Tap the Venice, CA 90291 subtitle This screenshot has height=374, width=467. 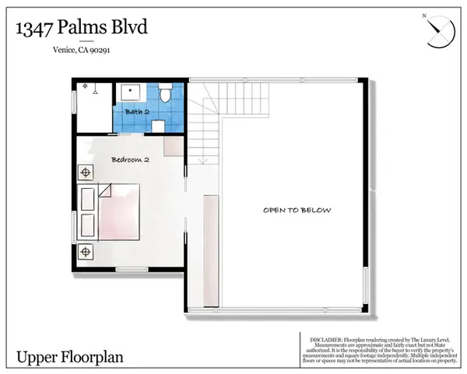(80, 52)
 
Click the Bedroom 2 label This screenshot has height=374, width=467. (130, 159)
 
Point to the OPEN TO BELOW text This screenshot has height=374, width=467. (297, 210)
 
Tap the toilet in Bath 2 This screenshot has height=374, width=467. (166, 95)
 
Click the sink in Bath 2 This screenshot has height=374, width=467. (130, 92)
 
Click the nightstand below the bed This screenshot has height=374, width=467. (86, 251)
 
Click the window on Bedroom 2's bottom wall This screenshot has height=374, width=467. (132, 270)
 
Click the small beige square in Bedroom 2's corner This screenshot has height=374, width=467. (174, 147)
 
